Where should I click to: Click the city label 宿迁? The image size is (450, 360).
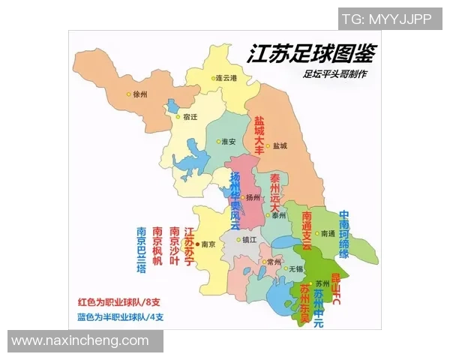(x=190, y=117)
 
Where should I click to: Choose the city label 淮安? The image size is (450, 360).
(x=228, y=142)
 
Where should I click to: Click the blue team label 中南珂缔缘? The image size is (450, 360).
(x=343, y=235)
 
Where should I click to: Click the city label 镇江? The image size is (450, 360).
(x=247, y=240)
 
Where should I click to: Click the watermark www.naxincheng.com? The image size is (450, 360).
(x=80, y=340)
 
